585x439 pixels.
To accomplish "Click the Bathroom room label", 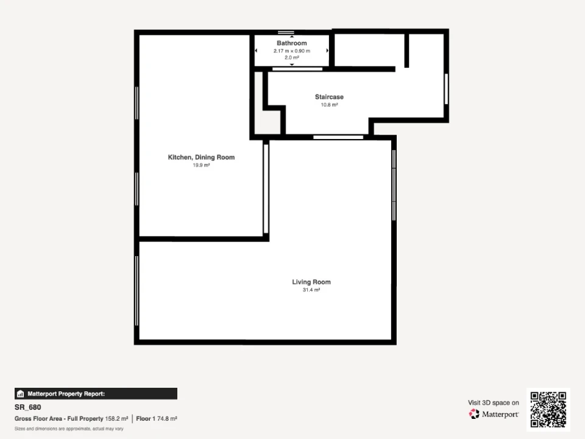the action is [292, 43].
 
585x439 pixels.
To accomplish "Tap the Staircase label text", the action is [329, 97].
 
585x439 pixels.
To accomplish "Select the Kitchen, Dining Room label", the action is [201, 157].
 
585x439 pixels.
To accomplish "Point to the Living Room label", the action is [311, 282].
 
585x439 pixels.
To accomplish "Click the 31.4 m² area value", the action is [311, 290].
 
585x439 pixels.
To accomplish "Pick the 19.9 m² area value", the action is [201, 165].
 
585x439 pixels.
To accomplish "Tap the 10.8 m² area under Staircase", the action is [329, 104].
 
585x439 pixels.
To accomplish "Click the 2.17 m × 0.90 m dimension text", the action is [292, 51].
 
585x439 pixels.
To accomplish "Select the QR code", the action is [548, 410].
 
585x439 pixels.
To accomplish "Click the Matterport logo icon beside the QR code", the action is [474, 413].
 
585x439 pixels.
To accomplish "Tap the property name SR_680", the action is [27, 407].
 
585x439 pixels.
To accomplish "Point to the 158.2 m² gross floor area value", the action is [116, 419].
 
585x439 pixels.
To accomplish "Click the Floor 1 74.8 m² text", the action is [157, 419].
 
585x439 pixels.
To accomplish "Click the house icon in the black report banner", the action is [21, 394].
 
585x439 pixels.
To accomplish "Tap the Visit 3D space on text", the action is [493, 402].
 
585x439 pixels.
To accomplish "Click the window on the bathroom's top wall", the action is [286, 32].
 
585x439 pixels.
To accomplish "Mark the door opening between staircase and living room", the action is [338, 137].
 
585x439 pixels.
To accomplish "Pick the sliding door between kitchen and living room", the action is [266, 188].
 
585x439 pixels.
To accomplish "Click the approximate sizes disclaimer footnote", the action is [69, 429].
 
